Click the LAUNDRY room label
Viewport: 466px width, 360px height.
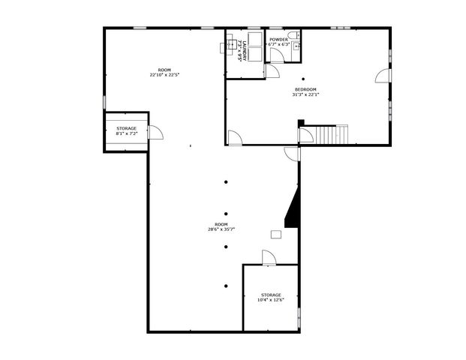(240, 50)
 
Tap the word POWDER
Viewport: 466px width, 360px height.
(278, 39)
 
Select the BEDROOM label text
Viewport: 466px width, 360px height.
(305, 89)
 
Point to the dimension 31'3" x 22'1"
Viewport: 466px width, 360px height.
(305, 94)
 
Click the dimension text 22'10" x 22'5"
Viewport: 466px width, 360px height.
(164, 75)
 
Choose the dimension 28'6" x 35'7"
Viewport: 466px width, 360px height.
(221, 229)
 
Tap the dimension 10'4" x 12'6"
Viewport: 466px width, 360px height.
(271, 301)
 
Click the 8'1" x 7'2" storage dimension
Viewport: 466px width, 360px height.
(126, 133)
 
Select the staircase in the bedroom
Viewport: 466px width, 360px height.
(331, 134)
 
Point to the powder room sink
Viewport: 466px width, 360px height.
(296, 46)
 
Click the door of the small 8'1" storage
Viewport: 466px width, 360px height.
(155, 133)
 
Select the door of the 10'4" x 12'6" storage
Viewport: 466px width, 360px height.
(269, 257)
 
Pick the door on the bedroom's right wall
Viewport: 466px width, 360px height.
(383, 76)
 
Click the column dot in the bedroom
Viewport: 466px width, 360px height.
(303, 79)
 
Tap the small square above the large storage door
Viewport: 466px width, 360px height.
(276, 234)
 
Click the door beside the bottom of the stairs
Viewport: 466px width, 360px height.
(305, 136)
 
